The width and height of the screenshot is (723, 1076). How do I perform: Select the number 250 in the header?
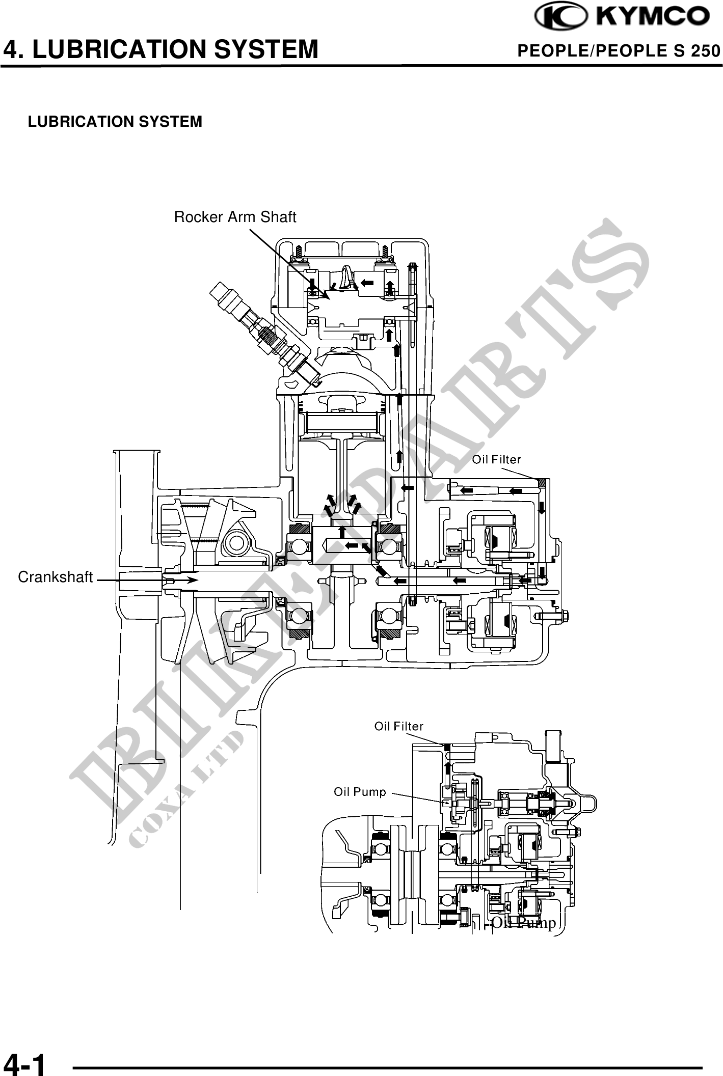click(x=705, y=51)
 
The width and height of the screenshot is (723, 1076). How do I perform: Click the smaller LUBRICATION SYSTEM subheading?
click(x=115, y=122)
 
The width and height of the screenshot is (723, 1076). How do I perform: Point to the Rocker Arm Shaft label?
click(x=235, y=217)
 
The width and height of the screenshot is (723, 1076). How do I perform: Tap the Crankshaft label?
click(x=56, y=577)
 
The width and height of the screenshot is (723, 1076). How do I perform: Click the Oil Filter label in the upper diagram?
click(x=496, y=460)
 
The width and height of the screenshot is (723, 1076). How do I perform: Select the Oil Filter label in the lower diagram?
click(x=398, y=726)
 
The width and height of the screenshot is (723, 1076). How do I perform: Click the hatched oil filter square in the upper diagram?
click(x=542, y=482)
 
